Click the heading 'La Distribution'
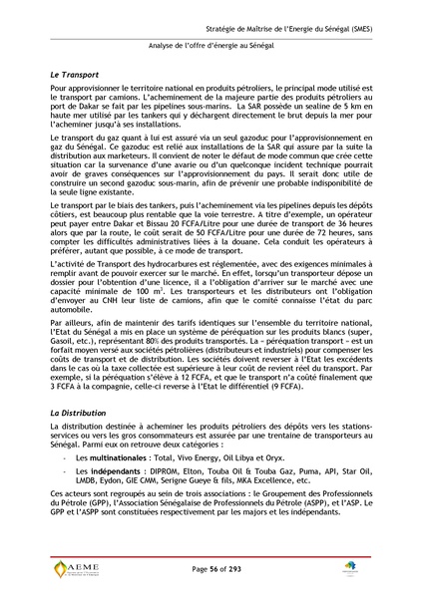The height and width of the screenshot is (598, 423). (81, 412)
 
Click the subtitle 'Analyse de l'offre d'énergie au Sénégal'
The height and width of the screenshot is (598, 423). (211, 46)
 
